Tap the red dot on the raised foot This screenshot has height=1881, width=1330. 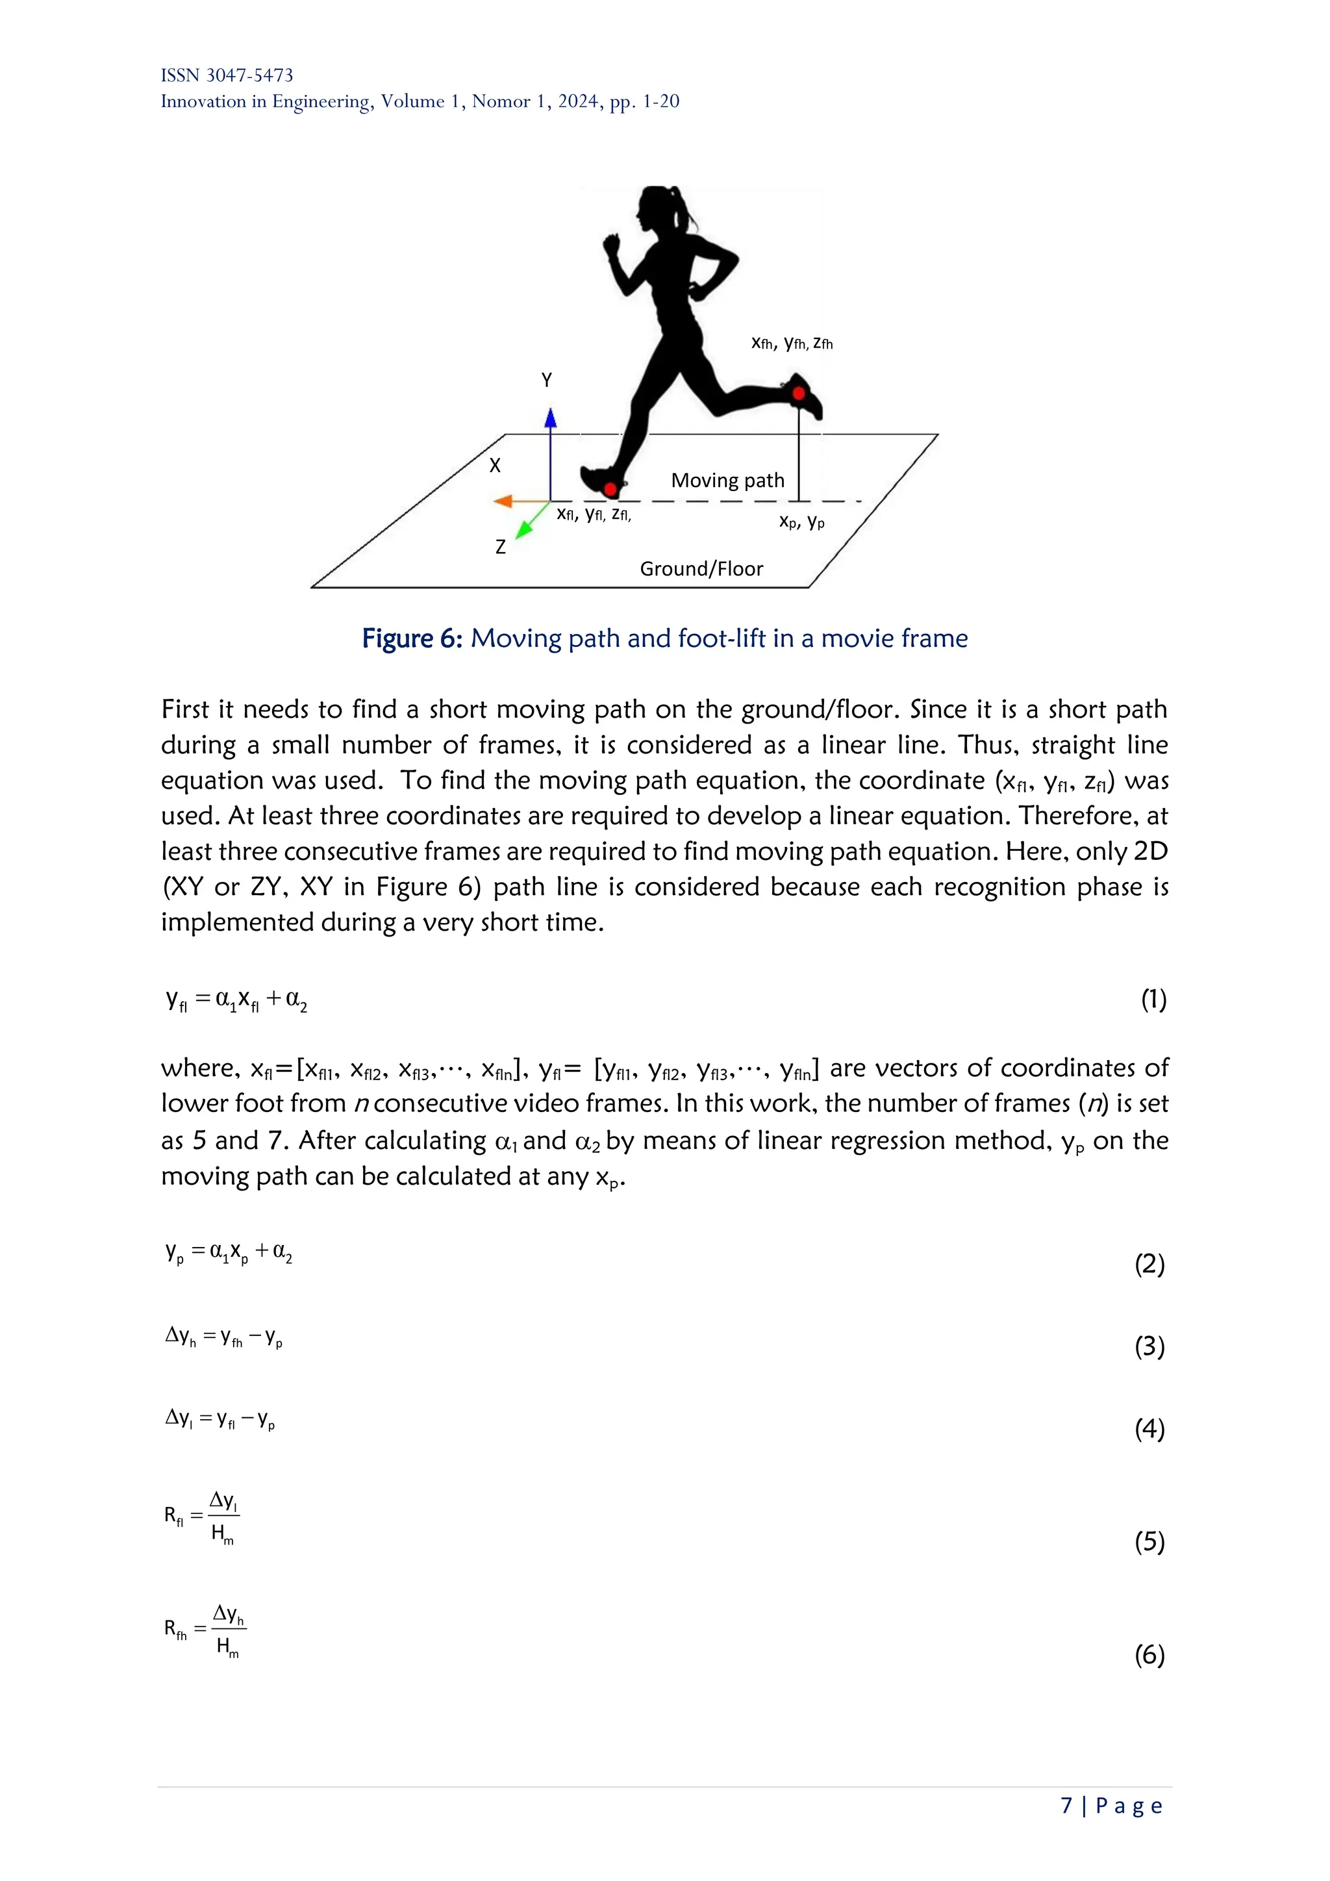(x=799, y=394)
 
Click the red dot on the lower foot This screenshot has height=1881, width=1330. (x=610, y=490)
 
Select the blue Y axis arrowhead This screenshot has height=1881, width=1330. (x=550, y=419)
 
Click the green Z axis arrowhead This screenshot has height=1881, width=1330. (x=524, y=530)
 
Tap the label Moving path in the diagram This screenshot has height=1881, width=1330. (x=727, y=480)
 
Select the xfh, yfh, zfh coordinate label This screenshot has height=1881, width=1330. (x=792, y=343)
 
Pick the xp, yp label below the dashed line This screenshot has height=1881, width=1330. (x=802, y=521)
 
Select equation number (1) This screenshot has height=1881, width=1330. (x=1154, y=999)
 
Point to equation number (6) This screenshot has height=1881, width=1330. (x=1149, y=1656)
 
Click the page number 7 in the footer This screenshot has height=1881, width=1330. (x=1066, y=1806)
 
